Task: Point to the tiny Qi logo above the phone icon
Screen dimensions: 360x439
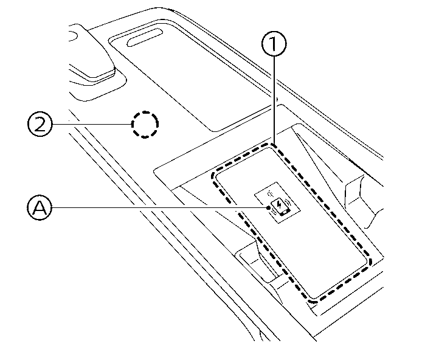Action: pyautogui.click(x=271, y=194)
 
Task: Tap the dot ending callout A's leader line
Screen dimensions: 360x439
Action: pyautogui.click(x=268, y=208)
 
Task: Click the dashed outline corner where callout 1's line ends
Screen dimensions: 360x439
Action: pyautogui.click(x=274, y=144)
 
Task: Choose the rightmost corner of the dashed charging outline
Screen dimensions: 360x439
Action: pyautogui.click(x=368, y=261)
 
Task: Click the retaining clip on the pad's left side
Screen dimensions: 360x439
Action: pyautogui.click(x=255, y=255)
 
